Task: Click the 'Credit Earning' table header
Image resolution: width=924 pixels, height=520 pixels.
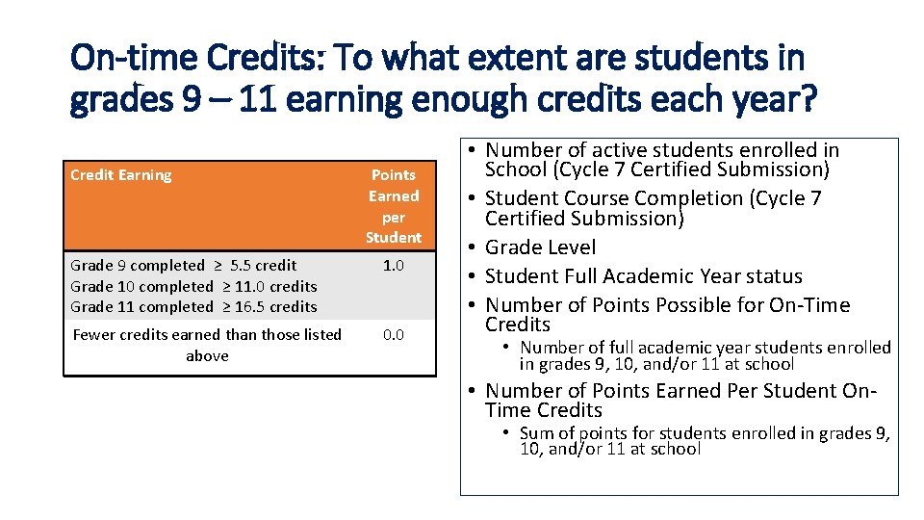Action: tap(121, 175)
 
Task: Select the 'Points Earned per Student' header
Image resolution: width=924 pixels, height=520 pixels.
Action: tap(393, 206)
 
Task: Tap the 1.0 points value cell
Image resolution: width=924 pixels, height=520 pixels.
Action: tap(393, 265)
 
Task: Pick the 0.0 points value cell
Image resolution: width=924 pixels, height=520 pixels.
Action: tap(393, 334)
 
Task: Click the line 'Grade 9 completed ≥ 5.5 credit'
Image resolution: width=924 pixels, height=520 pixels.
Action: tap(183, 265)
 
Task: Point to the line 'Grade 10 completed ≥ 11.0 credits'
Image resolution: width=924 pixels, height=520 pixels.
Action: tap(193, 286)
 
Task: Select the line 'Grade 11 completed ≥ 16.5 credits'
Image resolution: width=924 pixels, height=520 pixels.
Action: tap(193, 307)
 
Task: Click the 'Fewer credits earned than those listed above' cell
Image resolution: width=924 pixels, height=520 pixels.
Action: tap(207, 345)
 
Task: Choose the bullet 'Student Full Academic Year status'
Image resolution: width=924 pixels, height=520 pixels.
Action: tap(643, 276)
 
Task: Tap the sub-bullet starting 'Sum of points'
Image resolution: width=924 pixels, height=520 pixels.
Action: tap(705, 441)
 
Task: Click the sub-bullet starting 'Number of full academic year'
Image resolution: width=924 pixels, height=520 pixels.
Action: tap(705, 355)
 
